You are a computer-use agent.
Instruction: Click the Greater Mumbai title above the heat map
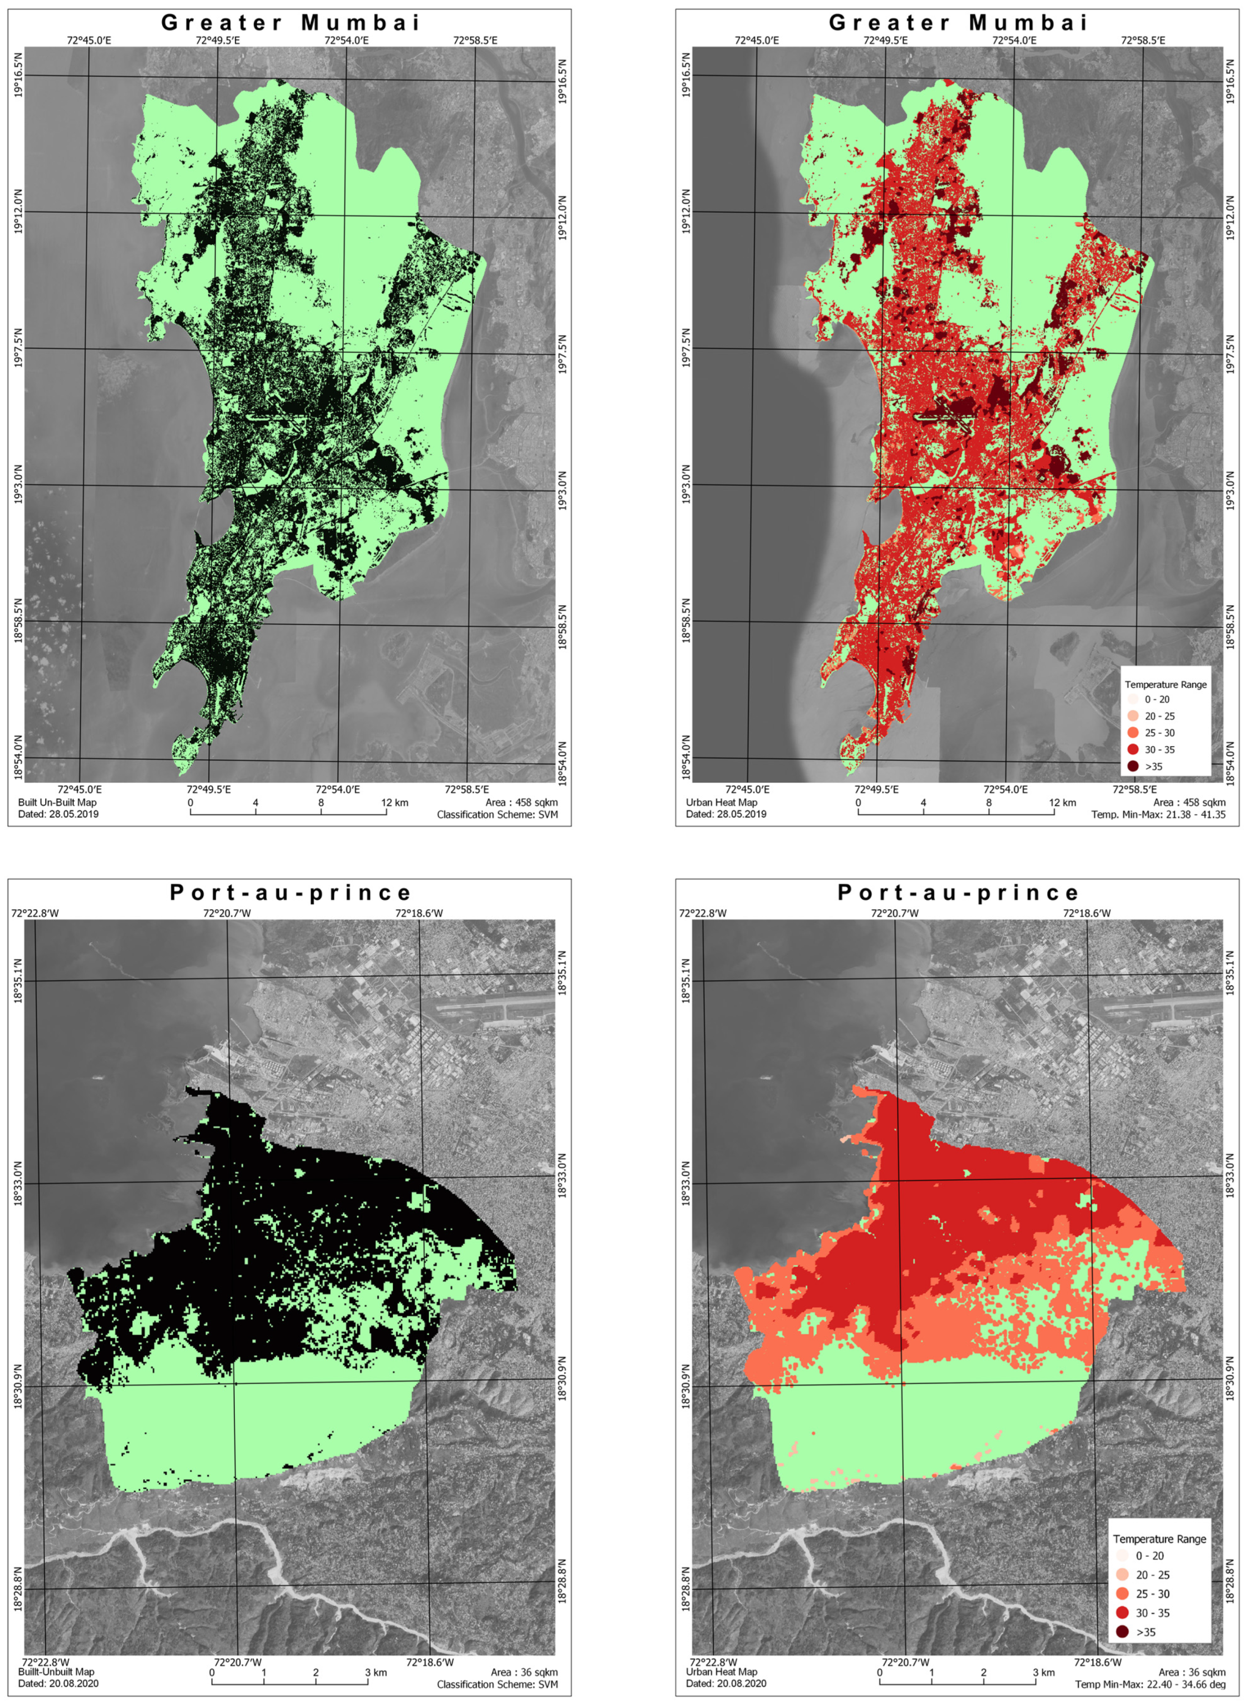958,23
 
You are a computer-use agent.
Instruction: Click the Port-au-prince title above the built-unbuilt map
291,893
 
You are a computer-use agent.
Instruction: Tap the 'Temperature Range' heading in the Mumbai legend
1165,685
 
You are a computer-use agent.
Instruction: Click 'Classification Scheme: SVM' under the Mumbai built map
497,814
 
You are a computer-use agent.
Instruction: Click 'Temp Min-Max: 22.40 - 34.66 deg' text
1150,1684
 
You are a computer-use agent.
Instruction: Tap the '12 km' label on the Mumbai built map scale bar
394,802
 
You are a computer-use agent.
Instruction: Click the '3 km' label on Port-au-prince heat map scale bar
1044,1672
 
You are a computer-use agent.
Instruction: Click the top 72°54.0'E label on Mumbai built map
346,40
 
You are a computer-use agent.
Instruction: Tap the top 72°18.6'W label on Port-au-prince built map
419,913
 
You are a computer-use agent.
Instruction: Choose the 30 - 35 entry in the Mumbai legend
1159,750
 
